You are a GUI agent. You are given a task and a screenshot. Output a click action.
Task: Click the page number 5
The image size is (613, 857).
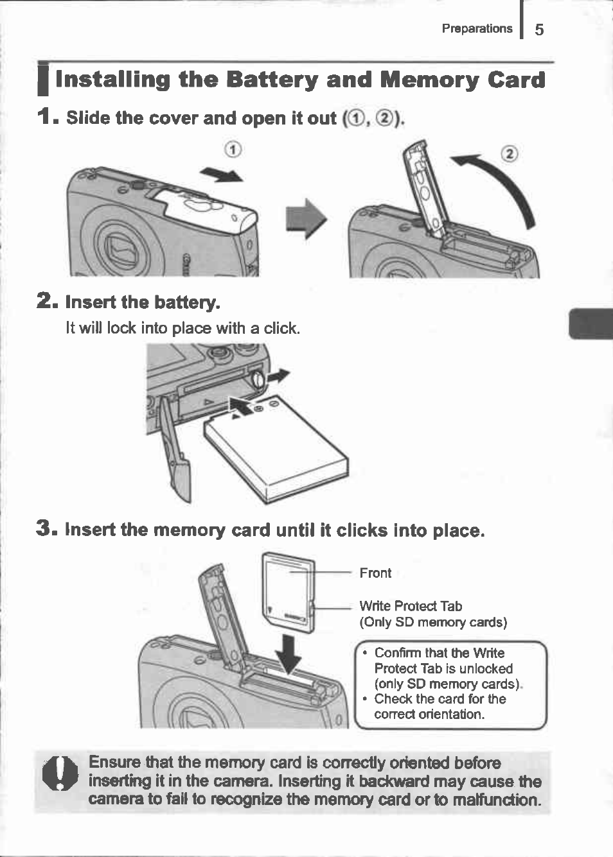[539, 30]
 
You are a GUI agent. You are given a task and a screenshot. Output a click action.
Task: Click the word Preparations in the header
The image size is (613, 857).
[477, 28]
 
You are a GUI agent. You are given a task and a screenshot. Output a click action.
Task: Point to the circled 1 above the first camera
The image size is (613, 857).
[233, 150]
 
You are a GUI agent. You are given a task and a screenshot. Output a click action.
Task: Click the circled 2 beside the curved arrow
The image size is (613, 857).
[509, 153]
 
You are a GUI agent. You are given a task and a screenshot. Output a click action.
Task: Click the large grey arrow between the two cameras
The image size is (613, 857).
[306, 218]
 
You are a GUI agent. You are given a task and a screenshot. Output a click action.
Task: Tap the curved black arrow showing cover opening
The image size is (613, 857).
[501, 186]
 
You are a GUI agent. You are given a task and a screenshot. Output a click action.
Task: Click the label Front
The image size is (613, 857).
[375, 573]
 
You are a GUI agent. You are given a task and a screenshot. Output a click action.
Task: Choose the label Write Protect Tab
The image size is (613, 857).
[411, 606]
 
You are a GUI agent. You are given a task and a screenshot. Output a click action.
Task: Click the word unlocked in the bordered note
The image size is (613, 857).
[486, 668]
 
